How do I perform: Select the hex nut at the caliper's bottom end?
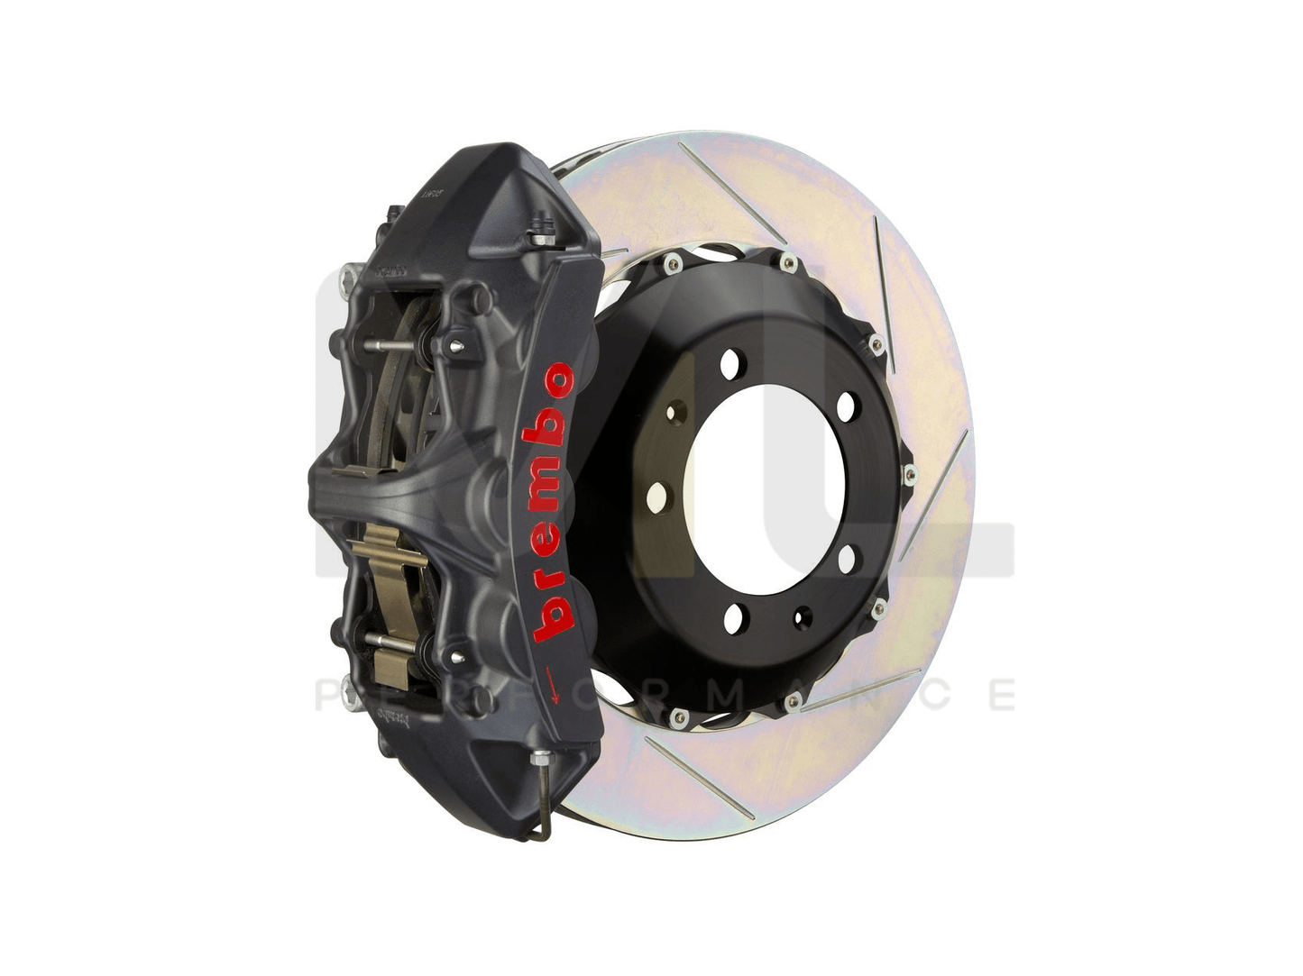(540, 760)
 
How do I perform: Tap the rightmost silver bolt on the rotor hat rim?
(908, 475)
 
